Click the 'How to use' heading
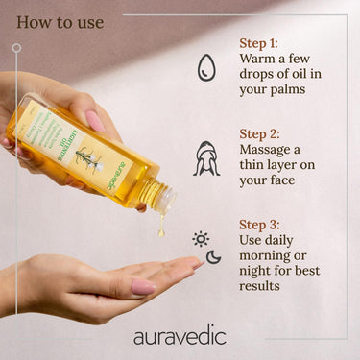(x=60, y=22)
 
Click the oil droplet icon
(x=206, y=67)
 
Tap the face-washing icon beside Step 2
(x=206, y=157)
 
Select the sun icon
(x=201, y=239)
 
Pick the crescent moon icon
(x=213, y=256)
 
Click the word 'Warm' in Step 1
(x=260, y=60)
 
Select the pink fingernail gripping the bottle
(x=96, y=120)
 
